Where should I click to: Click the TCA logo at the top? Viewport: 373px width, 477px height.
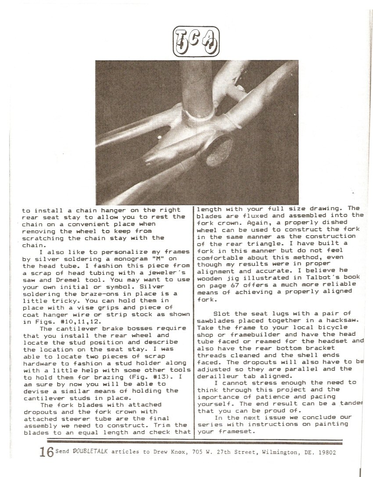coord(196,42)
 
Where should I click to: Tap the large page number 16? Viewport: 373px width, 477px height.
coord(46,452)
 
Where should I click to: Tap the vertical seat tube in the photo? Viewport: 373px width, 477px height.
coord(195,88)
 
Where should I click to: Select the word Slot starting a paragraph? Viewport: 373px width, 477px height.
coord(222,313)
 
